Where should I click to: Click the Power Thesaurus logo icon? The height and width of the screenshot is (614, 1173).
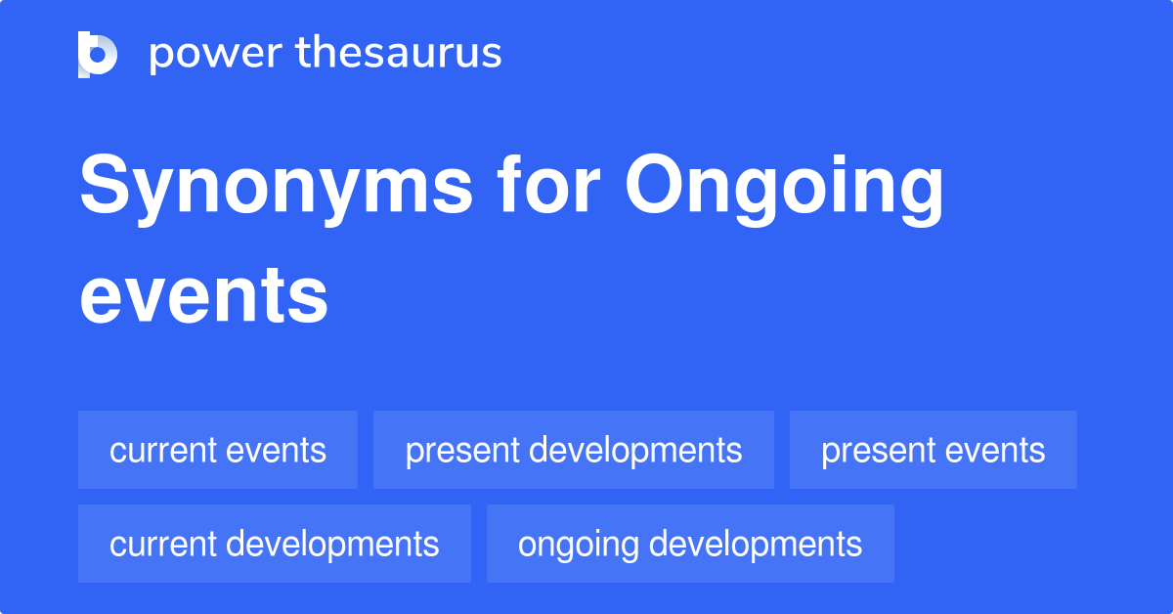[98, 54]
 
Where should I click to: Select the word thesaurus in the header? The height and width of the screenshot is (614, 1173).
[398, 54]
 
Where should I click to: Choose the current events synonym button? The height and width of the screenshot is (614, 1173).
[218, 450]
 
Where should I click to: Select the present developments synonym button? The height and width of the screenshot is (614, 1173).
[574, 450]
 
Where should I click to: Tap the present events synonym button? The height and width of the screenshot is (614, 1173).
[934, 450]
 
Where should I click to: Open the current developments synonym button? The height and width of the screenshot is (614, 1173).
[275, 544]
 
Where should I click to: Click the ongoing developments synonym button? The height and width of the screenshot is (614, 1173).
[690, 544]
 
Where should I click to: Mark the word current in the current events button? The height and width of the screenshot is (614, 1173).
[162, 450]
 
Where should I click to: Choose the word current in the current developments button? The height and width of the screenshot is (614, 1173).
[162, 544]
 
